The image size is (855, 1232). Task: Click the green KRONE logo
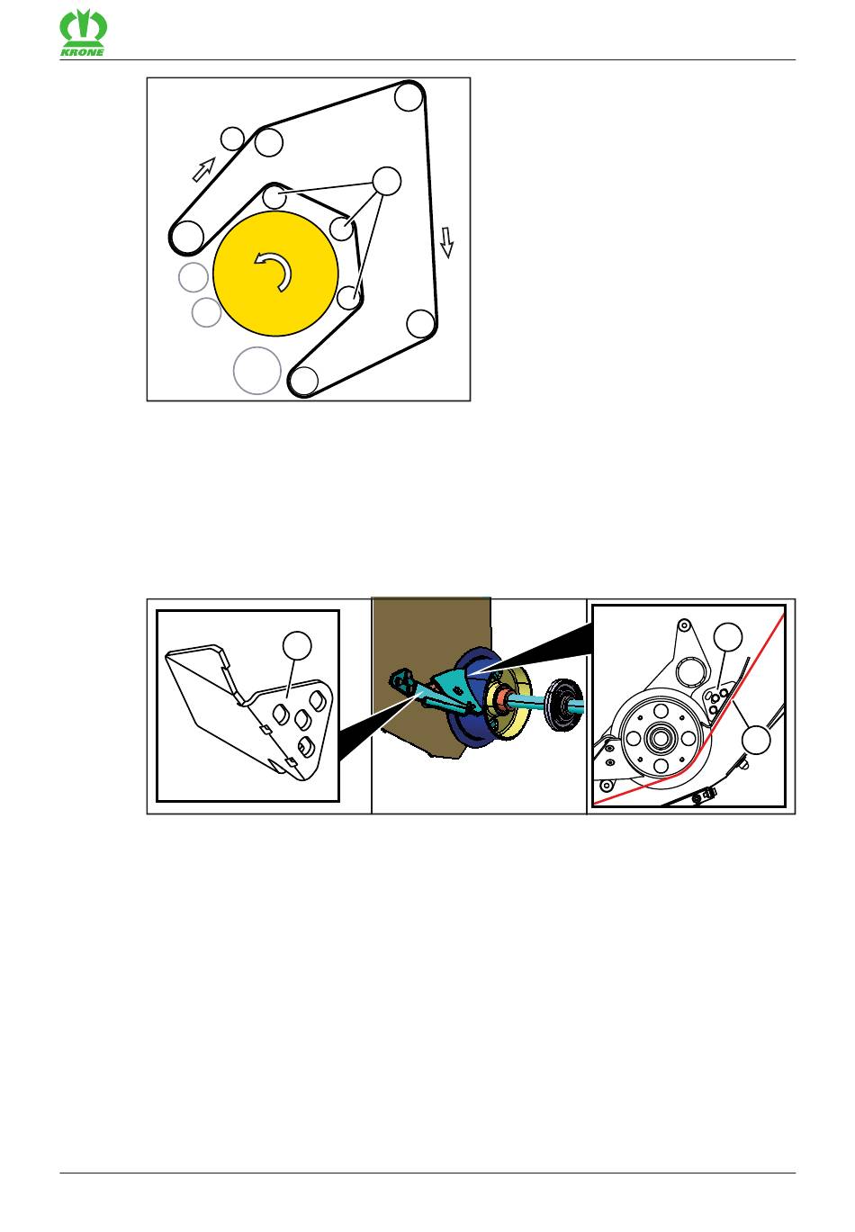tap(83, 35)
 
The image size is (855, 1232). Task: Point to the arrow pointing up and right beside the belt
tap(203, 168)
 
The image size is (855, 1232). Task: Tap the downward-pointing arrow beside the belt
tap(446, 241)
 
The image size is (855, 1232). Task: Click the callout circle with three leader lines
tap(387, 181)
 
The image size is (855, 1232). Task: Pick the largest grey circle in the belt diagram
tap(256, 370)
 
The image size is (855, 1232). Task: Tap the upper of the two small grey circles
tap(193, 277)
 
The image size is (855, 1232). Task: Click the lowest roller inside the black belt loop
tap(302, 380)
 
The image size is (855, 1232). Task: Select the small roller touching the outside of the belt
tap(232, 138)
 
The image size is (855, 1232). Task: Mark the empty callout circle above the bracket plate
tap(297, 645)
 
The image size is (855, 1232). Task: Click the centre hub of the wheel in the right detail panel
tap(661, 735)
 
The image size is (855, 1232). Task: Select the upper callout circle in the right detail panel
tap(727, 637)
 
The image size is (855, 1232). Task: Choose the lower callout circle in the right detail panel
tap(756, 740)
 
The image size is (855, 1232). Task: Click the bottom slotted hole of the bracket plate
tap(304, 748)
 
